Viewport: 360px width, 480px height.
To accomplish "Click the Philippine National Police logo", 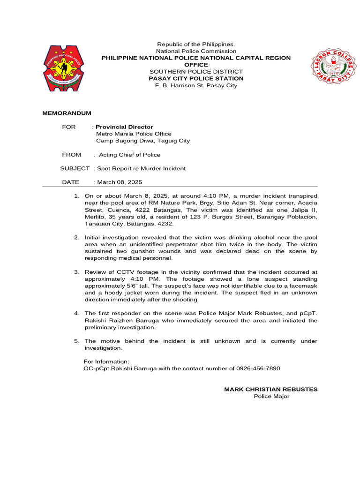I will (x=64, y=68).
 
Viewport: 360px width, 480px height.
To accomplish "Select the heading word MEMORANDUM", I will (x=67, y=113).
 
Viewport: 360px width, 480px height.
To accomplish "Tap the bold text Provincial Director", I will (x=124, y=127).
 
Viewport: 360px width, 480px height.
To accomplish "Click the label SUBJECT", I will (x=75, y=168).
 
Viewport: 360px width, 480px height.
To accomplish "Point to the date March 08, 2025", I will (x=120, y=182).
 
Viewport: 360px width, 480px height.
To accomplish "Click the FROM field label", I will (x=71, y=155).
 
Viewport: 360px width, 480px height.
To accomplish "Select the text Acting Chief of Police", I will (x=129, y=155).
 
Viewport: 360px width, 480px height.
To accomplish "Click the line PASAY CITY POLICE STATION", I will (x=196, y=79).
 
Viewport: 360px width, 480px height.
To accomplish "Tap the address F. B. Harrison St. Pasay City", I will (x=196, y=86).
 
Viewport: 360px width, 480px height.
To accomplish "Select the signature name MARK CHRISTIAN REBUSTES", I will (x=270, y=390).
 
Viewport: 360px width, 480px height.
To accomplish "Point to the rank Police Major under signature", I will (x=271, y=397).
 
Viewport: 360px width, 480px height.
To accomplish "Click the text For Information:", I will (x=106, y=362).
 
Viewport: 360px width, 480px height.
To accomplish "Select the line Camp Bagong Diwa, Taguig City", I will (x=143, y=141).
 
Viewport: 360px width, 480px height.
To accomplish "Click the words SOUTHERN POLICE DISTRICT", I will (x=196, y=72).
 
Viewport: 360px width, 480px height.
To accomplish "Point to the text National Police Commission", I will (x=196, y=51).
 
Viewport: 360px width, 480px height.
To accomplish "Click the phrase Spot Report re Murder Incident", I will (x=141, y=168).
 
